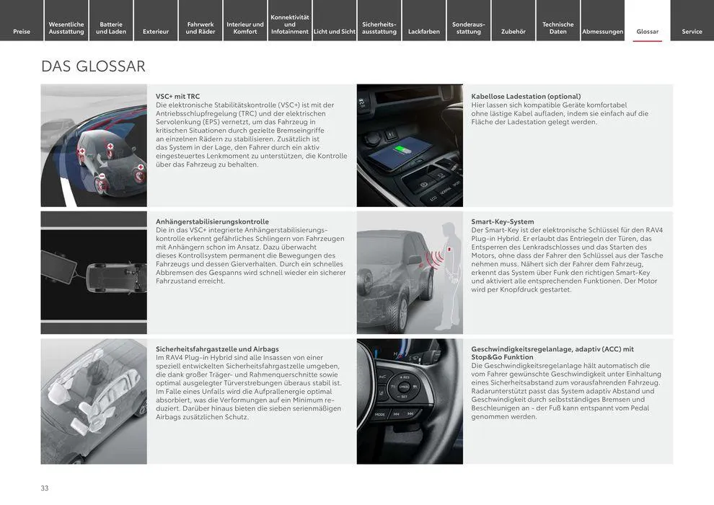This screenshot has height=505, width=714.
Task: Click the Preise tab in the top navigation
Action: [22, 31]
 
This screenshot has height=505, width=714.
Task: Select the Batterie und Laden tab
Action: [111, 27]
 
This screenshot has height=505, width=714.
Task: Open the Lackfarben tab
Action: [423, 31]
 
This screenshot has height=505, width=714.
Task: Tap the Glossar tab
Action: [647, 31]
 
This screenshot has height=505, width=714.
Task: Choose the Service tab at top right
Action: [692, 31]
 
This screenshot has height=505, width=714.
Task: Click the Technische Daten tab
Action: [557, 27]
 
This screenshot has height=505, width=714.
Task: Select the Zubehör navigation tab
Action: [513, 31]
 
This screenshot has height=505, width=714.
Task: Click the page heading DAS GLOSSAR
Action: [93, 66]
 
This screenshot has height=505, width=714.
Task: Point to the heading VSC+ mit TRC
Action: [177, 96]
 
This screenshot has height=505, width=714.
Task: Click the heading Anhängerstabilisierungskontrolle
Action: [212, 221]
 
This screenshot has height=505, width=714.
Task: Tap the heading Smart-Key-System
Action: [502, 221]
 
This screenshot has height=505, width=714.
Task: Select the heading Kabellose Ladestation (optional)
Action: [526, 96]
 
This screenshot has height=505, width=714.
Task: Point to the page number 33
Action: [45, 488]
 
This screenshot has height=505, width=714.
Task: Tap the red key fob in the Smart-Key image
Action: [449, 249]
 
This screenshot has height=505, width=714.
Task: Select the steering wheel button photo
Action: [410, 401]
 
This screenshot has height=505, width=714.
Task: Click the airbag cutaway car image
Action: [94, 401]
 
